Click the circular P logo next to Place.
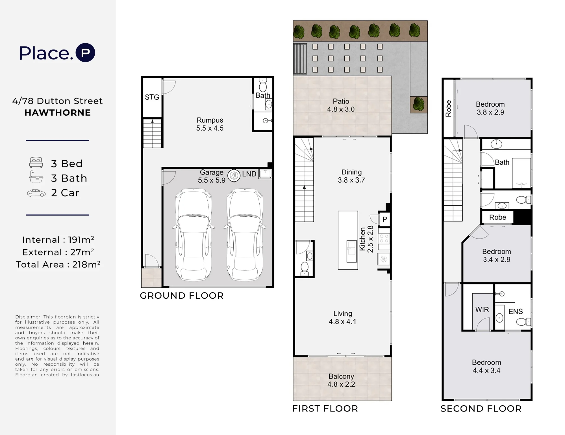click(x=86, y=53)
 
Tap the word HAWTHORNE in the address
click(x=58, y=113)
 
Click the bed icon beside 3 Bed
click(x=36, y=162)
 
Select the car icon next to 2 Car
click(x=36, y=193)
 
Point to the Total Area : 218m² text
click(x=58, y=264)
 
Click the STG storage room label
click(x=152, y=97)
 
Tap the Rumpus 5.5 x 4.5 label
click(x=210, y=124)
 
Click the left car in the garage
click(x=194, y=234)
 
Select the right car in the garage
click(x=245, y=234)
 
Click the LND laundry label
click(x=249, y=174)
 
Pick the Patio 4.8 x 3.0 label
click(x=341, y=105)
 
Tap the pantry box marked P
click(x=384, y=219)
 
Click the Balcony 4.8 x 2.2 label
click(x=341, y=380)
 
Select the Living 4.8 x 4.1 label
click(x=343, y=318)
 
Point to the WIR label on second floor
click(x=482, y=310)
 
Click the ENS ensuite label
click(x=516, y=312)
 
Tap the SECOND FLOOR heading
click(x=481, y=409)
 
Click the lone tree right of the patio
click(x=419, y=104)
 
